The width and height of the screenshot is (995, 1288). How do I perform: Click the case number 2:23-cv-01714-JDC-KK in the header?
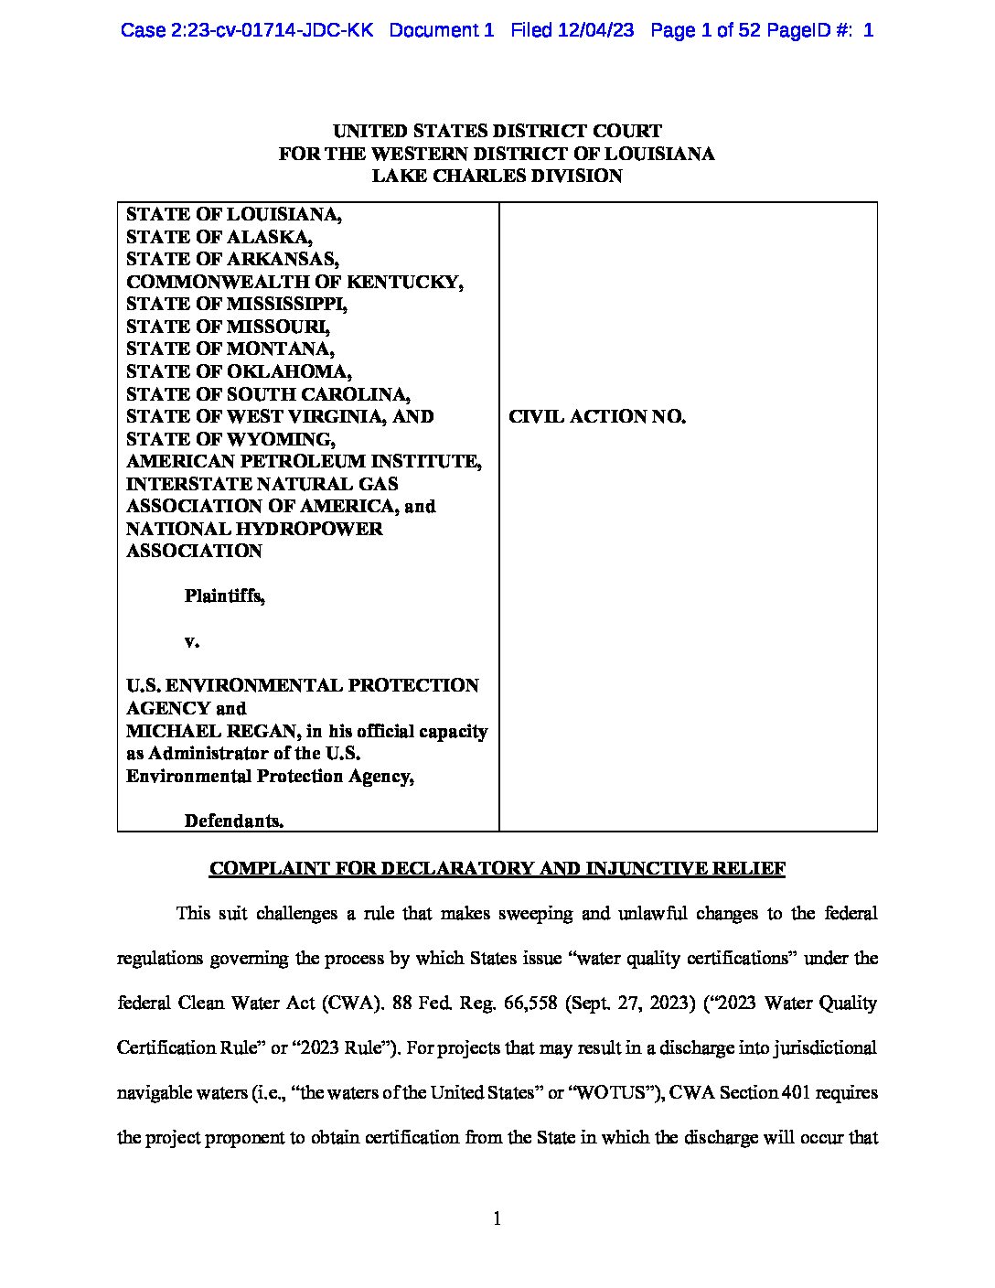pyautogui.click(x=247, y=30)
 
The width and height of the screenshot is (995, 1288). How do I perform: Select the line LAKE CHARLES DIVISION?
pyautogui.click(x=497, y=176)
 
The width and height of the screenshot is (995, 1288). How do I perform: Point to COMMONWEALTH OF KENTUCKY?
pyautogui.click(x=294, y=282)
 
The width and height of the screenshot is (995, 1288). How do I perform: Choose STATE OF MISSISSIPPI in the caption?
pyautogui.click(x=237, y=304)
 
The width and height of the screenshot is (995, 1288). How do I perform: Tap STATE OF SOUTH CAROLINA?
pyautogui.click(x=268, y=394)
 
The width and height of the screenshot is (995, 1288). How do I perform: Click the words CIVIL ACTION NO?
pyautogui.click(x=597, y=417)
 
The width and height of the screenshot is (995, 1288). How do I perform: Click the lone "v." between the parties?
pyautogui.click(x=191, y=641)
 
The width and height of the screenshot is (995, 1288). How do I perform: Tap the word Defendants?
pyautogui.click(x=233, y=821)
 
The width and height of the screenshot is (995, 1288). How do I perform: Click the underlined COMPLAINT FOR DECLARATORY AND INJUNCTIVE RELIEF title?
pyautogui.click(x=497, y=869)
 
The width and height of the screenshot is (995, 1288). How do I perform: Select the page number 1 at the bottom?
pyautogui.click(x=497, y=1218)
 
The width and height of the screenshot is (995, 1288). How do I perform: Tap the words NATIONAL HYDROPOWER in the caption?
pyautogui.click(x=254, y=529)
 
